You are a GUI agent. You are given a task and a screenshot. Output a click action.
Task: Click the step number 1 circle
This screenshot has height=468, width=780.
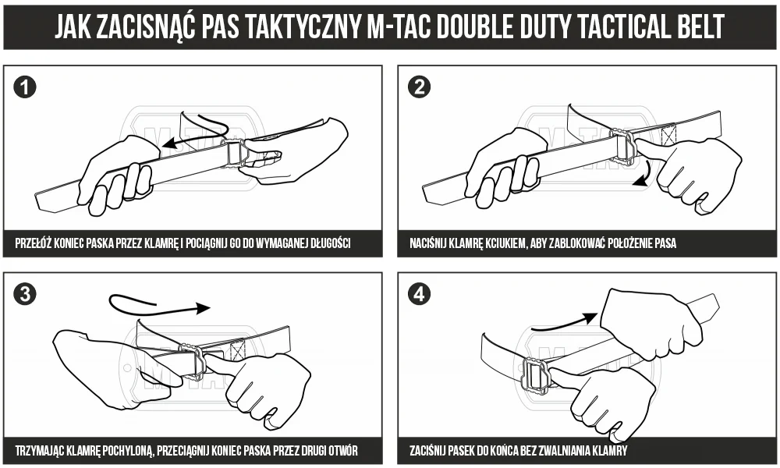25,87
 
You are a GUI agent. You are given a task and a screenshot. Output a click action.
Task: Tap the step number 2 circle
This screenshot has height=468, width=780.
419,87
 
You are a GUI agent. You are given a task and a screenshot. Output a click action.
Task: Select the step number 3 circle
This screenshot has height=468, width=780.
25,294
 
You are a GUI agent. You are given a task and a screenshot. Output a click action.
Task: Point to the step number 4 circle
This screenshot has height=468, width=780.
419,294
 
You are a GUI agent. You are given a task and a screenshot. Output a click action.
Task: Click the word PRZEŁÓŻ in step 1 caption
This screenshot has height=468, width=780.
34,243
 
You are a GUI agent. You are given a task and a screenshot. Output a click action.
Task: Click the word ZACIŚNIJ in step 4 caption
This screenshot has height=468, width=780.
427,451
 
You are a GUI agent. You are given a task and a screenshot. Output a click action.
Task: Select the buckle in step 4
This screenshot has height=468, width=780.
535,374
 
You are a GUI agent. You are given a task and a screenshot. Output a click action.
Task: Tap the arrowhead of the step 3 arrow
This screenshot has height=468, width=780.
203,308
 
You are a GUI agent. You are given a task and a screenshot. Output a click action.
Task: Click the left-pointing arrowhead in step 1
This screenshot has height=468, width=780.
170,144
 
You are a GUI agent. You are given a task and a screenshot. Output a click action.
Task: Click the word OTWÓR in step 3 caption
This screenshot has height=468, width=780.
343,451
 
